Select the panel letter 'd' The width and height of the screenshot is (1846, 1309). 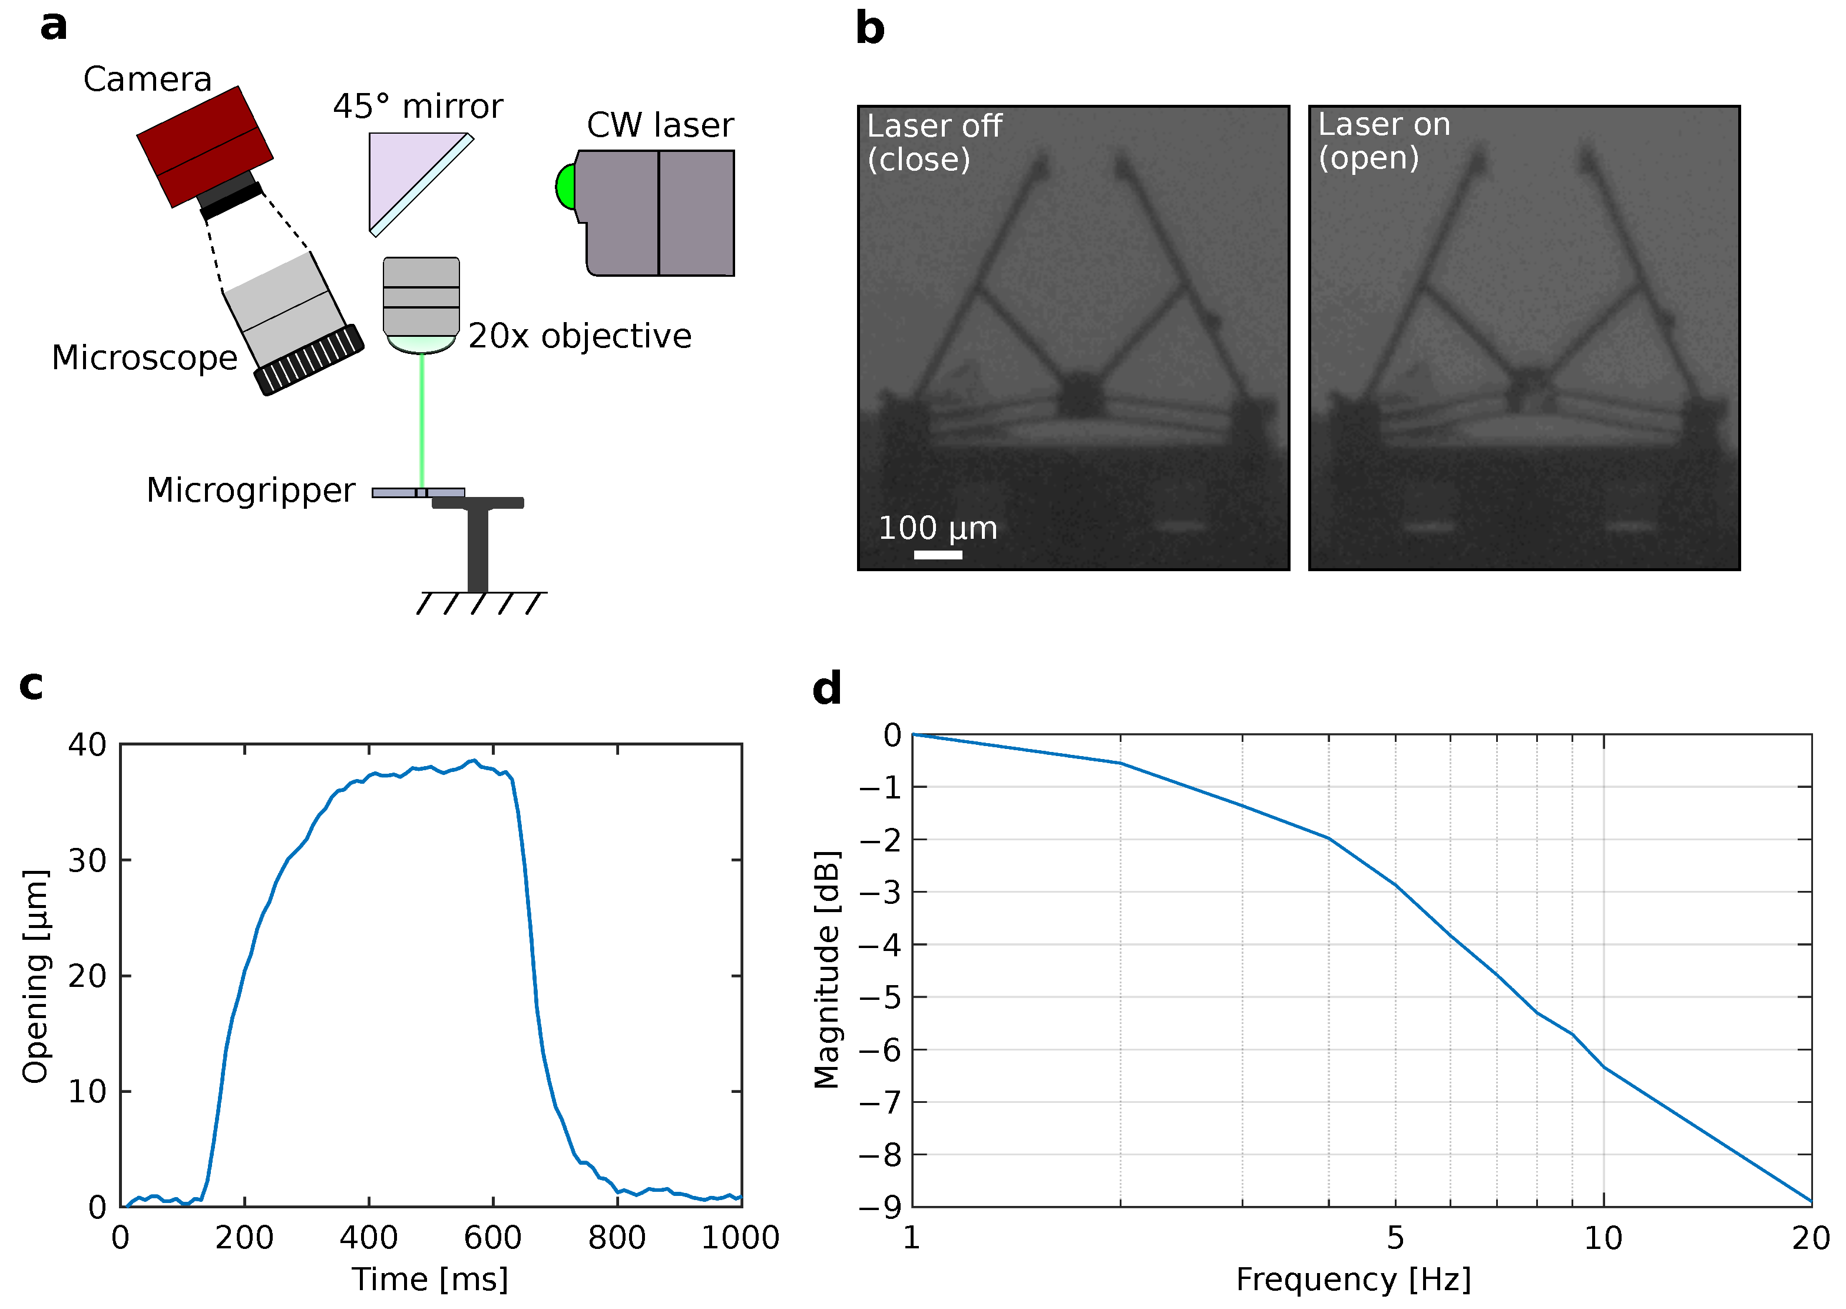(826, 689)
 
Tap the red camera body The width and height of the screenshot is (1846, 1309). (205, 145)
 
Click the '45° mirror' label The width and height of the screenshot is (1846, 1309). (418, 107)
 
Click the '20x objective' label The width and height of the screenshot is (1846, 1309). (580, 336)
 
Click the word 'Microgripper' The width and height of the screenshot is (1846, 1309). (251, 490)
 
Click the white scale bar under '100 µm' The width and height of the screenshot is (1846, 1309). (938, 555)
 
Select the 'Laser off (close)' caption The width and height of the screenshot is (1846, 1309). (934, 143)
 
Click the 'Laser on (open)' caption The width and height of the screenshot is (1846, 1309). (1383, 141)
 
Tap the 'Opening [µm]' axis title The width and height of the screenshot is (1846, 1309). (37, 976)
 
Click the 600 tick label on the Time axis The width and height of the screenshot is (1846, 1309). (492, 1237)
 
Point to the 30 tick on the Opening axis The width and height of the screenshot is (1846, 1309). (87, 861)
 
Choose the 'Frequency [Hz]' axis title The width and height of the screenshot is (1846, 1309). (1354, 1279)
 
